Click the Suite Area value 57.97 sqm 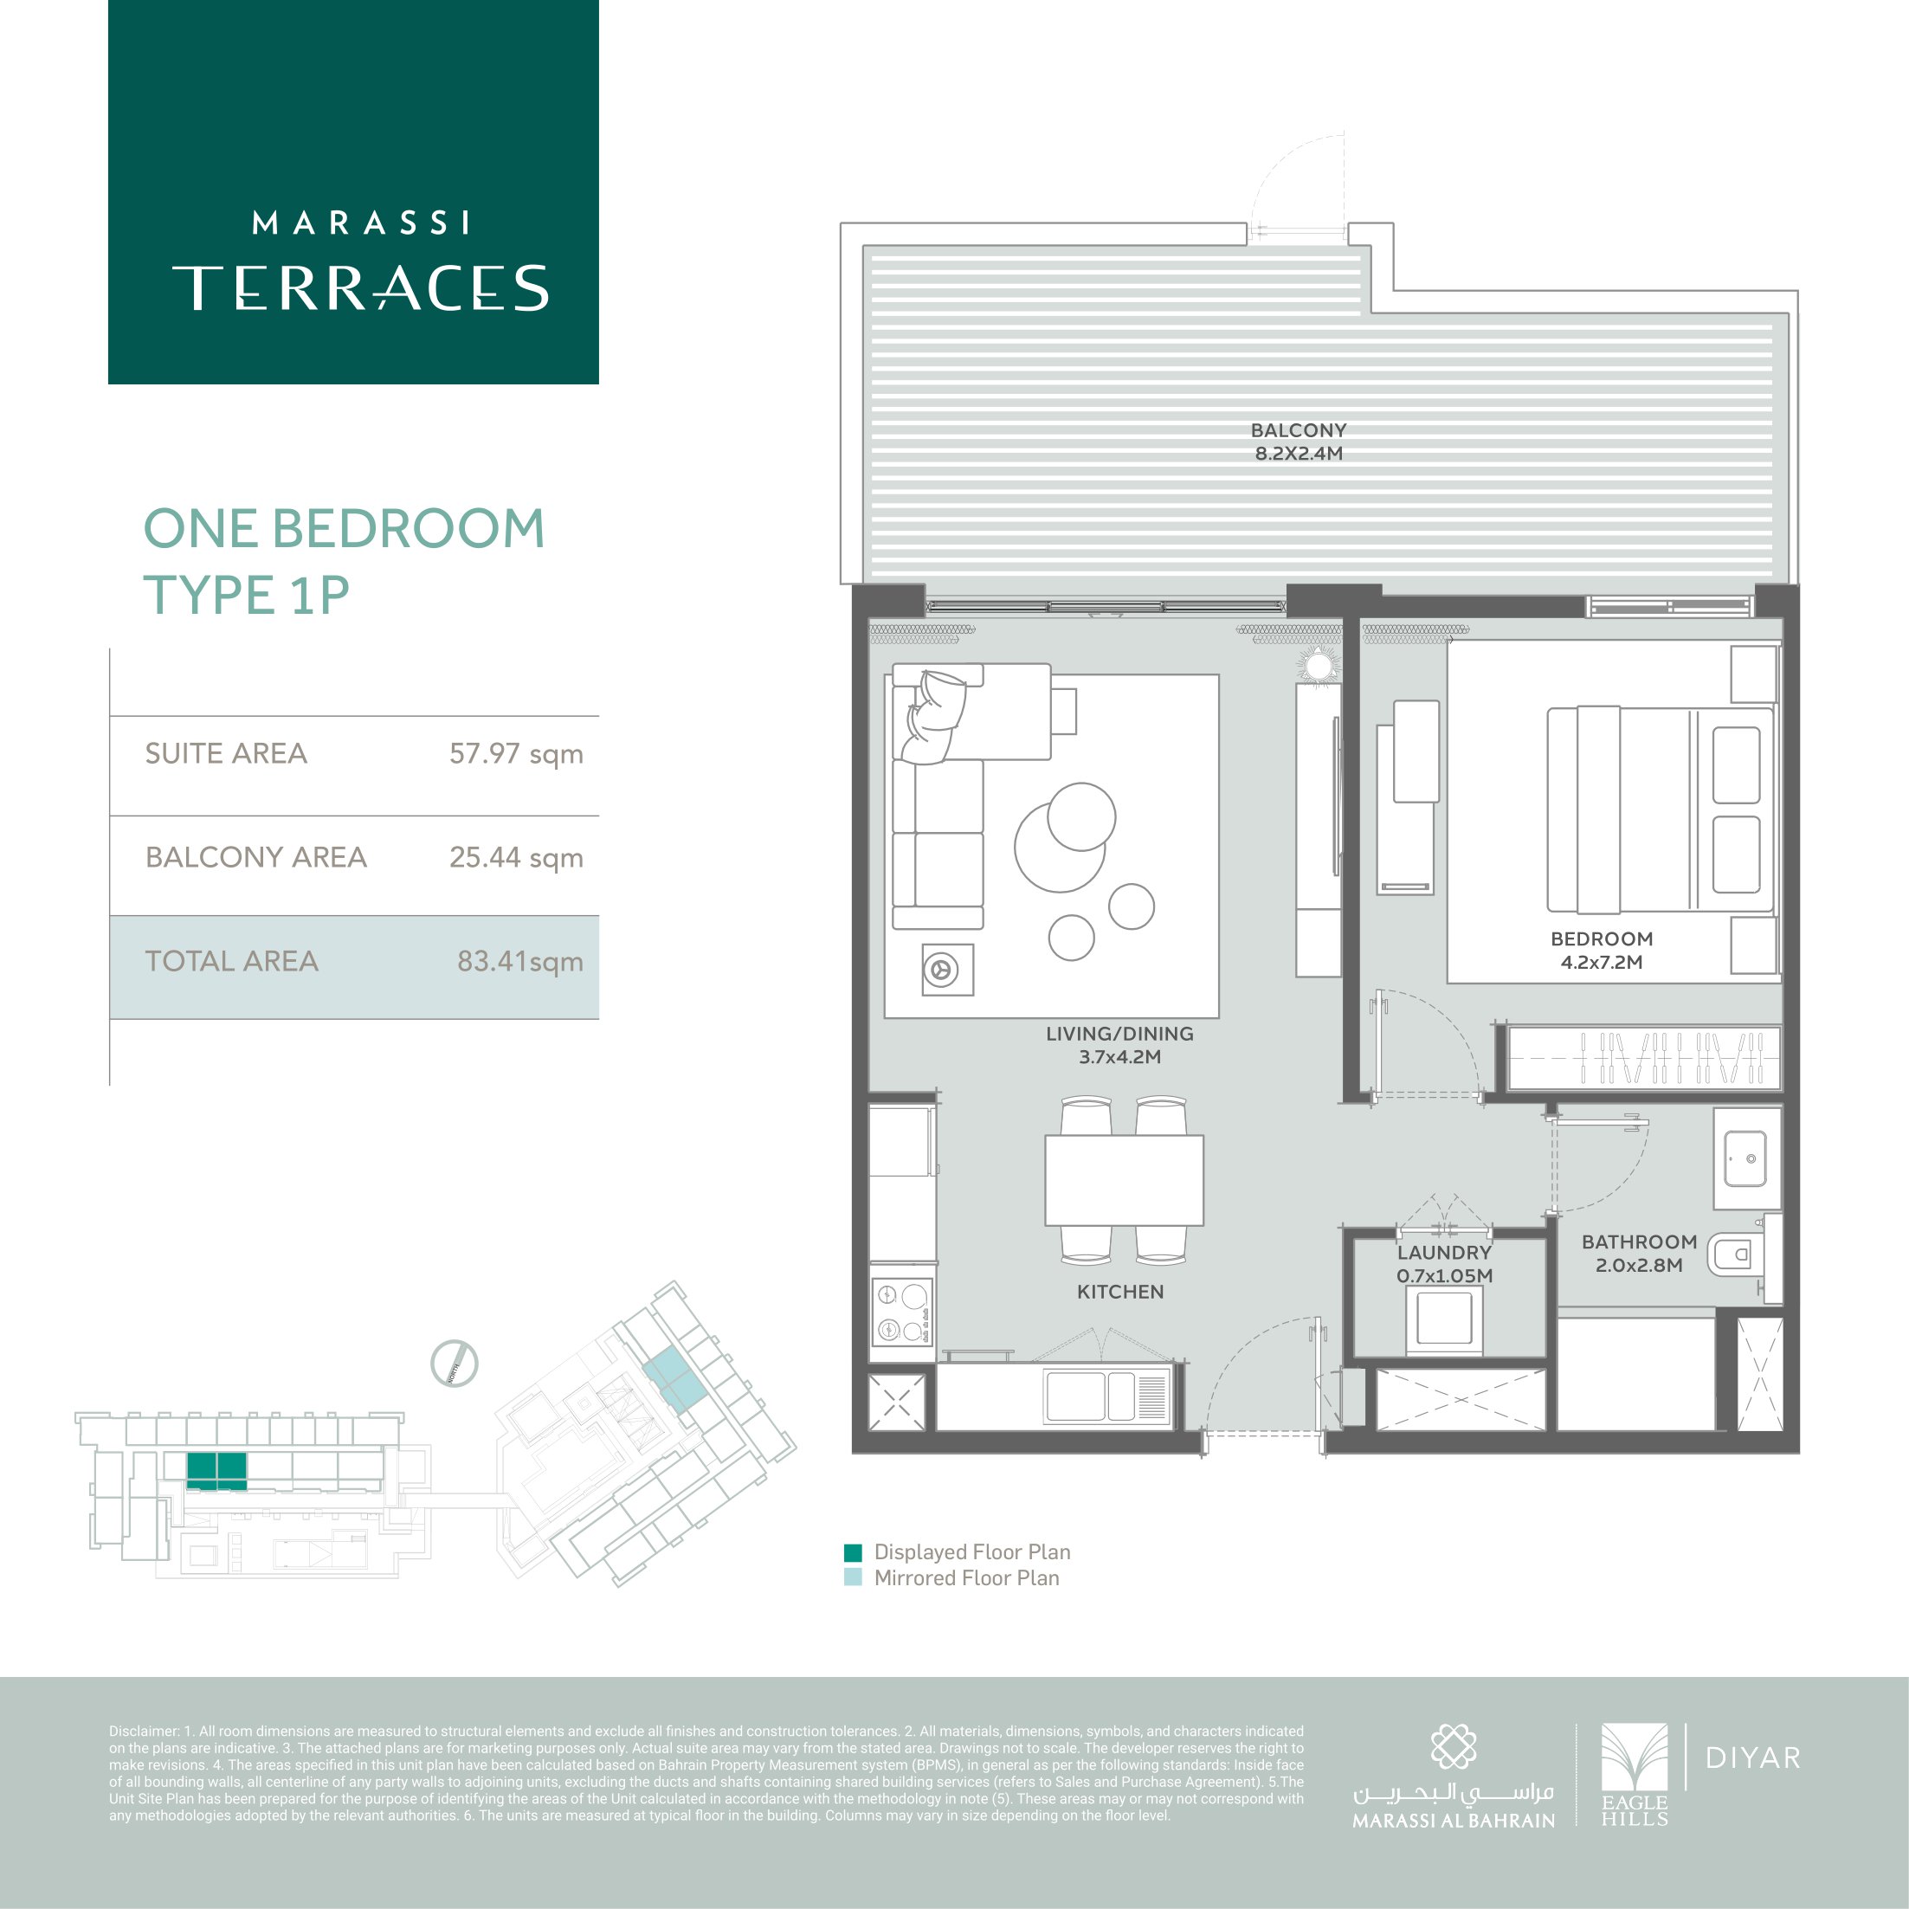coord(516,754)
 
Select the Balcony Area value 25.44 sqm coord(516,858)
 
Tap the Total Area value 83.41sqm coord(519,961)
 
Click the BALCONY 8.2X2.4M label coord(1299,442)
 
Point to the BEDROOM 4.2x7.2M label coord(1602,951)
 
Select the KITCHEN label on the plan coord(1120,1292)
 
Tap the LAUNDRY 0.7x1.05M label coord(1445,1264)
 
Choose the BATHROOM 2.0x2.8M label coord(1639,1253)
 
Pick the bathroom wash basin coord(1746,1158)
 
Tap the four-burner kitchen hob coord(902,1312)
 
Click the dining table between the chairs coord(1125,1181)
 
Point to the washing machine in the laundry coord(1445,1320)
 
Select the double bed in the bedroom coord(1660,810)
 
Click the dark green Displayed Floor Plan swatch coord(853,1552)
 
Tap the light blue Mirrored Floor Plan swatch coord(853,1578)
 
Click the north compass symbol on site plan coord(455,1364)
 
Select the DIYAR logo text coord(1753,1757)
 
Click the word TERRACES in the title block coord(361,287)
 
